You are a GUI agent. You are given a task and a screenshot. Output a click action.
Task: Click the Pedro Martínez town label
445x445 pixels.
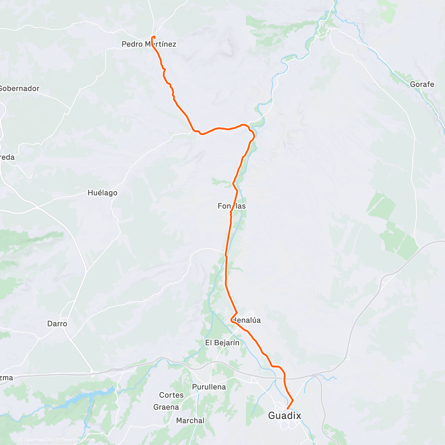pyautogui.click(x=149, y=44)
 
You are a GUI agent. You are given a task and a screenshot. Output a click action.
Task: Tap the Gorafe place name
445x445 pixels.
pyautogui.click(x=422, y=84)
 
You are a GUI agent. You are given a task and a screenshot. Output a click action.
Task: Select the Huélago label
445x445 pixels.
pyautogui.click(x=102, y=193)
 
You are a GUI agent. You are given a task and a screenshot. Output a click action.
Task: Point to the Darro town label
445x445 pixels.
pyautogui.click(x=57, y=324)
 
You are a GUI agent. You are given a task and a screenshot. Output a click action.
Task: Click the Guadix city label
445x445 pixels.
pyautogui.click(x=284, y=416)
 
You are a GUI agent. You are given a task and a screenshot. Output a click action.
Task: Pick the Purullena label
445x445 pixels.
pyautogui.click(x=209, y=387)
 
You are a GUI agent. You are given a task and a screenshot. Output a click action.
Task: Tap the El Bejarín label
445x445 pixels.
pyautogui.click(x=222, y=343)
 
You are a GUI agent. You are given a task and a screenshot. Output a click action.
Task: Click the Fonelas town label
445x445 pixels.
pyautogui.click(x=232, y=206)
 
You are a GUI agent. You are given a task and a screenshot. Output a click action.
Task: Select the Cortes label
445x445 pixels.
pyautogui.click(x=171, y=395)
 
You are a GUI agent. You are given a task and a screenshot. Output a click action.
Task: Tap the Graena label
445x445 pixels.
pyautogui.click(x=166, y=407)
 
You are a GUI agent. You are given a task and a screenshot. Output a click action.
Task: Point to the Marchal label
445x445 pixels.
pyautogui.click(x=190, y=421)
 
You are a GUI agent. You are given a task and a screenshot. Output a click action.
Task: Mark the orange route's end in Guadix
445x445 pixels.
pyautogui.click(x=288, y=409)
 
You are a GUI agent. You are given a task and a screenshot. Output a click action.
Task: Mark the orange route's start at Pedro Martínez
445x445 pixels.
pyautogui.click(x=154, y=36)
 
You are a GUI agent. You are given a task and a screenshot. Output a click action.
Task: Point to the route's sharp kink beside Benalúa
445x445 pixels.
pyautogui.click(x=231, y=320)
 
